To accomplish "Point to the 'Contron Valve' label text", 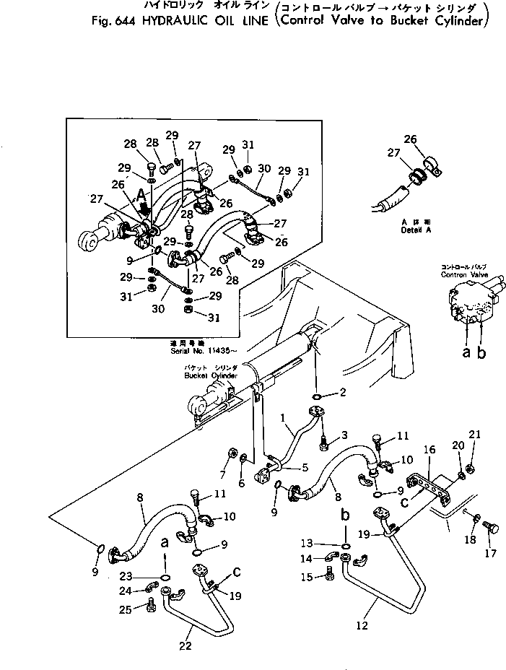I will (464, 275).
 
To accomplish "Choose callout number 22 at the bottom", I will (186, 645).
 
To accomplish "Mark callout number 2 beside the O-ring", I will (343, 393).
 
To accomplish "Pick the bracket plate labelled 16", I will (429, 484).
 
